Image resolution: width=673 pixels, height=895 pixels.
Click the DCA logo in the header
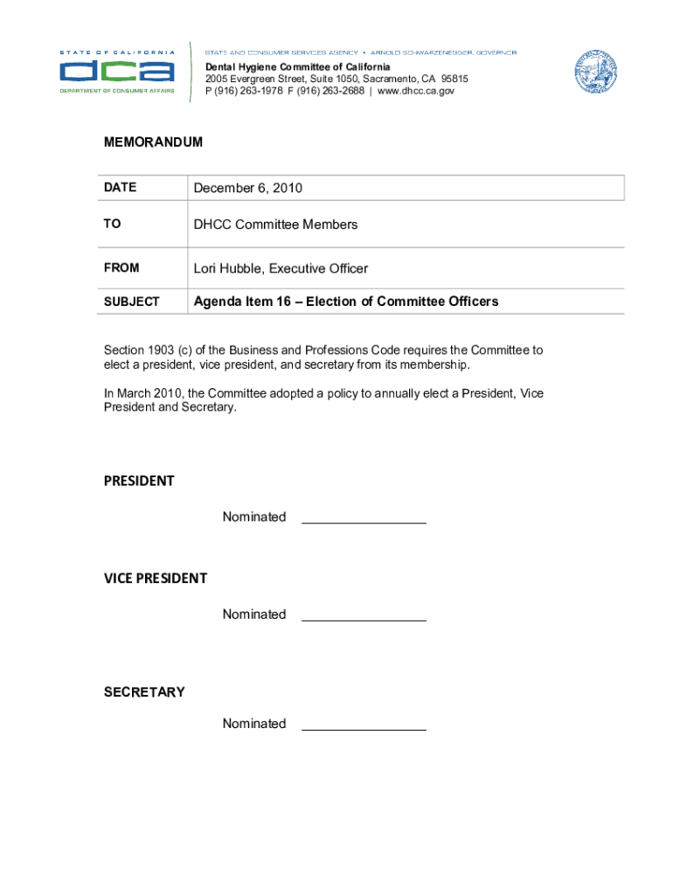(116, 70)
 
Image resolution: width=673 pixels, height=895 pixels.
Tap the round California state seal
(595, 72)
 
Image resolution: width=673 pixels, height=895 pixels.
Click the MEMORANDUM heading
(153, 142)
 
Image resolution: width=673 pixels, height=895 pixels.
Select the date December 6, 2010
(248, 188)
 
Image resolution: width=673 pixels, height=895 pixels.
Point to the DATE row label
(120, 188)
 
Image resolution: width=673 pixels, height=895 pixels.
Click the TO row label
(112, 225)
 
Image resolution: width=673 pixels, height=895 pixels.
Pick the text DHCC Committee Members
(275, 225)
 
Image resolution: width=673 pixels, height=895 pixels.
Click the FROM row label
(121, 268)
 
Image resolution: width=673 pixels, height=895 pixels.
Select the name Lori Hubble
(228, 268)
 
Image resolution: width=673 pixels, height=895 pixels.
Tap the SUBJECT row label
(131, 302)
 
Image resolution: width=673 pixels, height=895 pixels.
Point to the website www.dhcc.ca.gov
(416, 91)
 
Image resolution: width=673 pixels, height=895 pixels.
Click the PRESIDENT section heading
(139, 481)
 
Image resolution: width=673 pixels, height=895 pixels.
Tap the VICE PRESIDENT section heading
(156, 578)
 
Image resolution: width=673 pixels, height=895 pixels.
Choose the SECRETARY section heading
(144, 692)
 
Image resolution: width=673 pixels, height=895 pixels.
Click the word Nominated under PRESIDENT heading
(254, 517)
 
